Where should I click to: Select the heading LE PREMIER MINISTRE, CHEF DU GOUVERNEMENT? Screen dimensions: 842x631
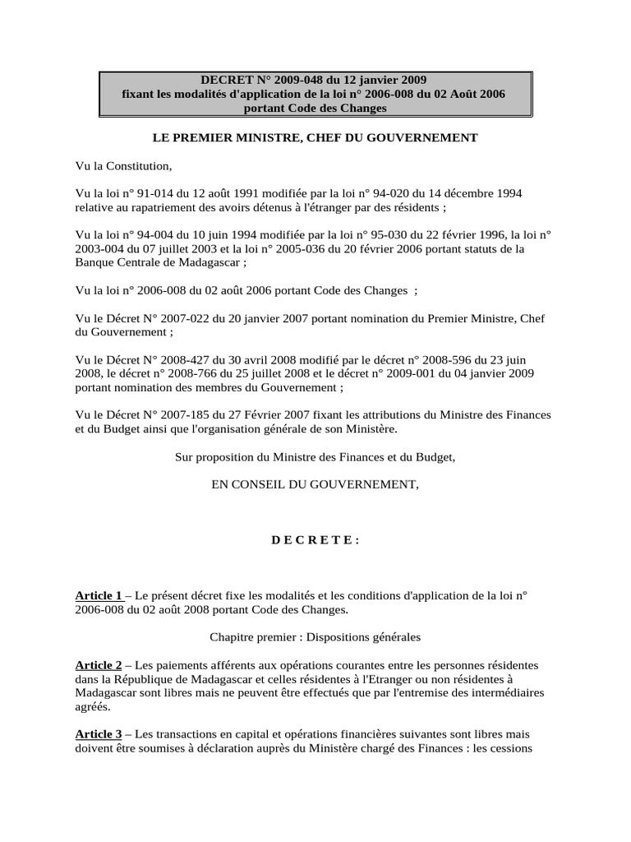pos(315,137)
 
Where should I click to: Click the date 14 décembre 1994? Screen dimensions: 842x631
pos(468,192)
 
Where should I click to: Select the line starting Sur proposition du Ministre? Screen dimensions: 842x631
pos(315,456)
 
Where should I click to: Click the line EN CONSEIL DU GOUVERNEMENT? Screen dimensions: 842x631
pos(315,484)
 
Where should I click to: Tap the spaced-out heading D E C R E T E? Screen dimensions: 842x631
pos(315,539)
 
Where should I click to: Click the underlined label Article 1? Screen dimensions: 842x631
pos(99,594)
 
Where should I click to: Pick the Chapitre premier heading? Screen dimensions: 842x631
pos(315,636)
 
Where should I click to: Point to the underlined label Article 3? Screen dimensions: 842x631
pos(99,733)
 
